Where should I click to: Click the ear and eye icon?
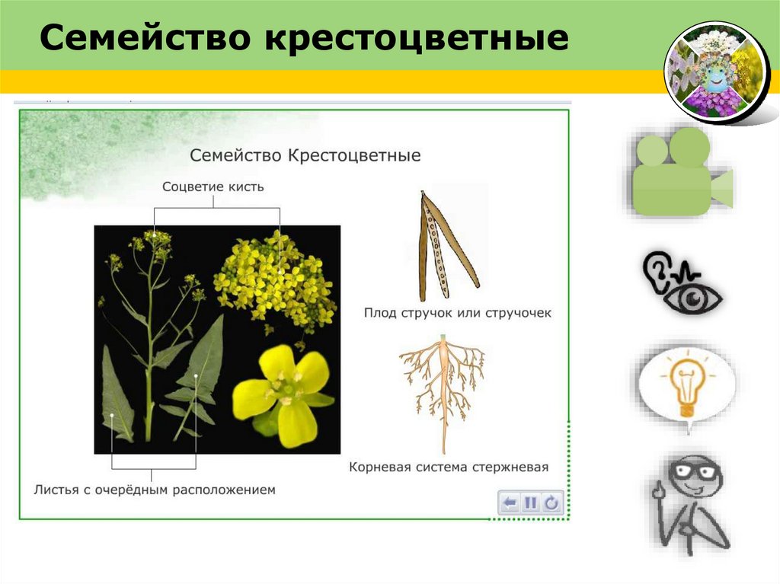coord(680,282)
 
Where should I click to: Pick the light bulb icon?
coord(686,384)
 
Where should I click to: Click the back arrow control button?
coord(510,503)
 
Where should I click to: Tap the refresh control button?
coord(552,503)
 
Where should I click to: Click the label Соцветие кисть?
coord(213,187)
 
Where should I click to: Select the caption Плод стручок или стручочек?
coord(457,313)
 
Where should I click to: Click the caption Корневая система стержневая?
coord(449,467)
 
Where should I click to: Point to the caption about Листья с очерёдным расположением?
coord(154,490)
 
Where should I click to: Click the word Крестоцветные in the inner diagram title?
coord(354,155)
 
